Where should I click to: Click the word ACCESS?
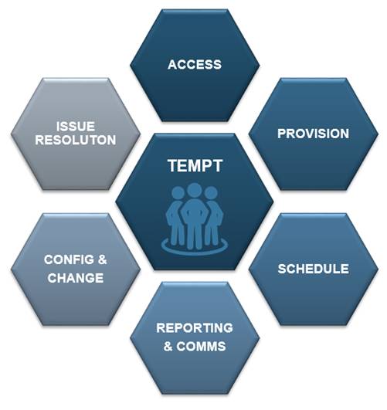coord(195,65)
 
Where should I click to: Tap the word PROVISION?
coord(313,134)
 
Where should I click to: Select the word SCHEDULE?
coord(313,269)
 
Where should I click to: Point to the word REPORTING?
coord(195,328)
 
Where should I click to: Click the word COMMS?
coord(201,347)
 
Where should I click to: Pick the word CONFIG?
coord(69,259)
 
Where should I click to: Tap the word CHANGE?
coord(76,278)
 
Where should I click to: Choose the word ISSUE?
coord(76,127)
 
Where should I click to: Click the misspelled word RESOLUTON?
coord(76,140)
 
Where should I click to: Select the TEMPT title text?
coord(195,165)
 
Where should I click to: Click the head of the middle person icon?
coord(195,190)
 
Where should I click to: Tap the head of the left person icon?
coord(178,193)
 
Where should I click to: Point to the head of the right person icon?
coord(211,193)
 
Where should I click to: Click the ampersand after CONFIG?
coord(102,259)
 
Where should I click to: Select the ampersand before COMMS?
coord(168,347)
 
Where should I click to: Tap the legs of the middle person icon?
coord(195,235)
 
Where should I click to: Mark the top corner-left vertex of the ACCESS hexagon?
coord(163,10)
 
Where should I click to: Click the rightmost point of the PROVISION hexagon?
coord(379,134)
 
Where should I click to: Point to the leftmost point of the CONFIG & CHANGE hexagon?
coord(11,269)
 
